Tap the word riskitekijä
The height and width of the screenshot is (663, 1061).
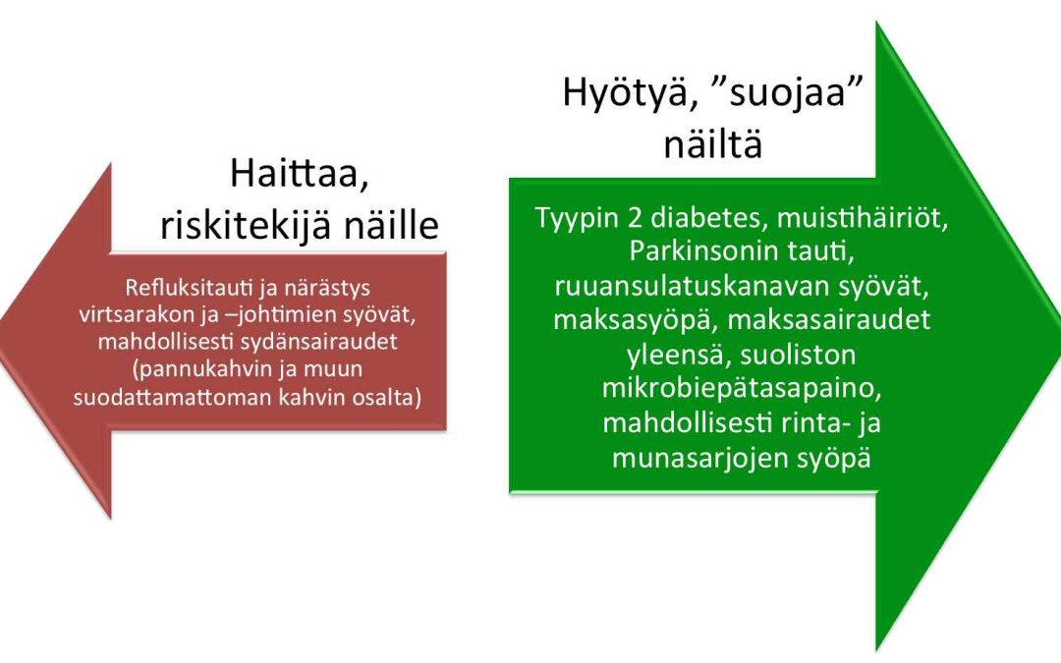pos(246,225)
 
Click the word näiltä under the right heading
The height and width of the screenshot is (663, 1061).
pos(712,143)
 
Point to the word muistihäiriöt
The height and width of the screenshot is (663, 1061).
pos(863,218)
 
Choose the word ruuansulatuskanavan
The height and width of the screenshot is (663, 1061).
pos(691,286)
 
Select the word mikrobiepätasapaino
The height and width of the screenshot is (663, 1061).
pos(742,389)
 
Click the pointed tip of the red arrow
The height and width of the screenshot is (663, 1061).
pos(1,340)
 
